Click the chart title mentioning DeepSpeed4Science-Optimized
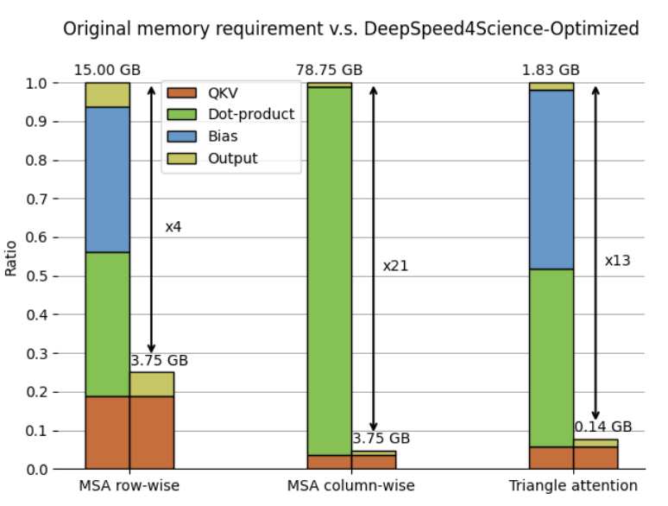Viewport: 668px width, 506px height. [x=350, y=29]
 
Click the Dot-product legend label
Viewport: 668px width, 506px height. [x=250, y=114]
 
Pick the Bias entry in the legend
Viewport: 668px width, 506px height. [x=223, y=136]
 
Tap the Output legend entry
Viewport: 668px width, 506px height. [x=232, y=158]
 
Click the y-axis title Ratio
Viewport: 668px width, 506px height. [x=11, y=257]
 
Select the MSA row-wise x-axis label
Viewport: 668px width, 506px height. [x=129, y=486]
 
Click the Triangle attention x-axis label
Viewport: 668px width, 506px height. [x=573, y=486]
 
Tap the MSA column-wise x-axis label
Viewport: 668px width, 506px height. [x=351, y=486]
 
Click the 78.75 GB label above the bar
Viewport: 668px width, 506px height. [x=329, y=70]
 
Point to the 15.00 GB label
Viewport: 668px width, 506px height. [x=107, y=70]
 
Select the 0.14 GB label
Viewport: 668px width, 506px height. [x=603, y=427]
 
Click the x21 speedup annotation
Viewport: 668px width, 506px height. [x=395, y=266]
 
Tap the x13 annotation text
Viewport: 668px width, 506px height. [x=617, y=260]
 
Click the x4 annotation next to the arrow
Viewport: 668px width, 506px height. [x=173, y=227]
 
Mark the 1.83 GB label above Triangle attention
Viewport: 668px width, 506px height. [x=551, y=70]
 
